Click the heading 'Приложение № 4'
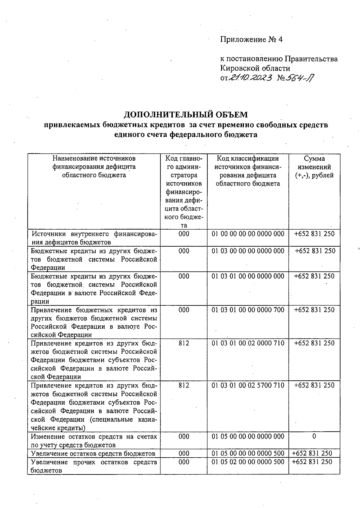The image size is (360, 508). [251, 40]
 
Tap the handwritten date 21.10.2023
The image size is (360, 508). [250, 78]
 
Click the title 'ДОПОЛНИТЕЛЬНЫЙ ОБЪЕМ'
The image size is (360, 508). [186, 114]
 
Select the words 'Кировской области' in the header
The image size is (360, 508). [255, 68]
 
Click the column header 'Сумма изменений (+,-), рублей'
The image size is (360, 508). [314, 167]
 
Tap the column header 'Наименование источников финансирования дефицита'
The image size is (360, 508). [94, 167]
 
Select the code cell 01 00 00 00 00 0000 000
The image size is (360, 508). [248, 234]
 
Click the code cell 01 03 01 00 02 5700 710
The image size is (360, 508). [248, 385]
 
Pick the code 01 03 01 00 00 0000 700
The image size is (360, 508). [248, 310]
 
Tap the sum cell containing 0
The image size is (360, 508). [314, 436]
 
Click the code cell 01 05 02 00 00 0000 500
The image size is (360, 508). [248, 462]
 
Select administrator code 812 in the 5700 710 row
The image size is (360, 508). [184, 385]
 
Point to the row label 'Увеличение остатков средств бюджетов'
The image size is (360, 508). [93, 453]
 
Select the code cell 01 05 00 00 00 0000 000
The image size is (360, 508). [248, 436]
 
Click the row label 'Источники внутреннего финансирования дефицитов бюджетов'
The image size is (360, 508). [94, 238]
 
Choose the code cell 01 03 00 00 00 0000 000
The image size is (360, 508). [248, 251]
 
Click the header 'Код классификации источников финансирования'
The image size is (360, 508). [248, 171]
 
